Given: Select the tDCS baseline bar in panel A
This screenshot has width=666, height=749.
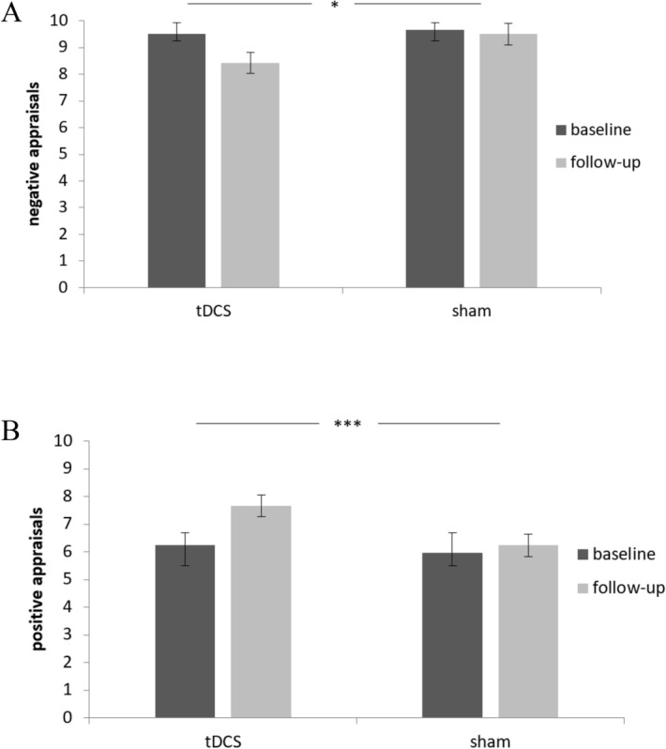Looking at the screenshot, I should click(176, 160).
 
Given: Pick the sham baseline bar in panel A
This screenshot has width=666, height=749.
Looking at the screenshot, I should click(434, 159).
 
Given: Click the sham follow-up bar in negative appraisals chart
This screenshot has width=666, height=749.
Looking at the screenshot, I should click(507, 160).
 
